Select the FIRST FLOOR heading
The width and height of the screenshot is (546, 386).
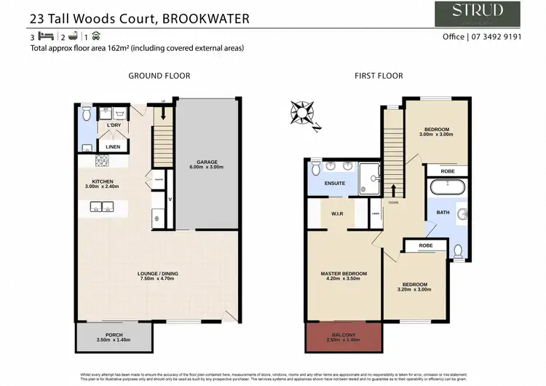click(378, 75)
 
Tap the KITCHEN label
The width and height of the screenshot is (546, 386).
click(103, 181)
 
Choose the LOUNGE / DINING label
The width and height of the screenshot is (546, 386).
click(158, 274)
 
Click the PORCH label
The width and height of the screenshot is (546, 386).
click(114, 335)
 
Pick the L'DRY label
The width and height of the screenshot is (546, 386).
click(114, 126)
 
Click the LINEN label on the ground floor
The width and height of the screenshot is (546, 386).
click(113, 146)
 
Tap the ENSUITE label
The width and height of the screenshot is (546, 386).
click(335, 184)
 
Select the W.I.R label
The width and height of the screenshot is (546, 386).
click(337, 214)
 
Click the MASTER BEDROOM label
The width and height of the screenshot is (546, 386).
click(344, 273)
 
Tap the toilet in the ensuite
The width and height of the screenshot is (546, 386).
click(315, 168)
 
